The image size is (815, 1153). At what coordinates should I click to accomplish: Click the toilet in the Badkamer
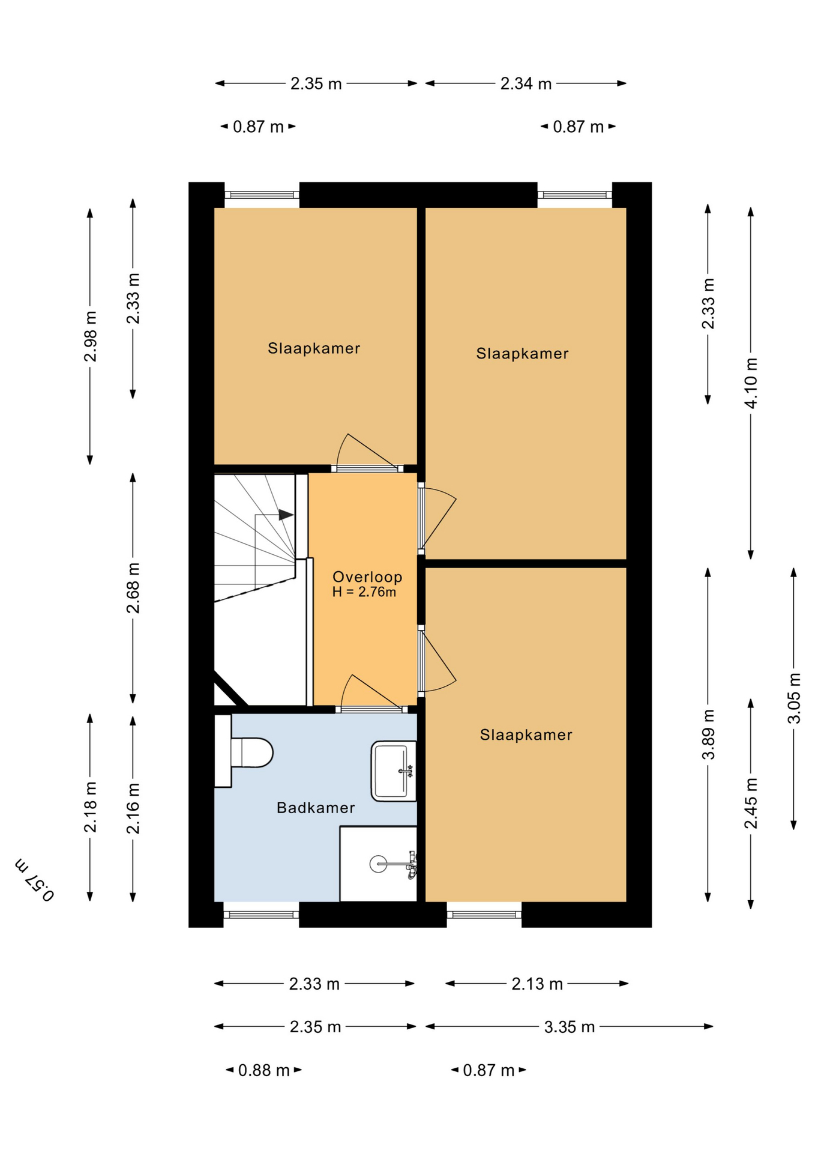tap(251, 752)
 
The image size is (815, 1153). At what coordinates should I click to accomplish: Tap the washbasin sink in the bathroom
tap(394, 771)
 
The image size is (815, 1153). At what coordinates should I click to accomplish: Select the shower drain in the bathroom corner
tap(378, 864)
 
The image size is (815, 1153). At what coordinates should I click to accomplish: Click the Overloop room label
tap(367, 576)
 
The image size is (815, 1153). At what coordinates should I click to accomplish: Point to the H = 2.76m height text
tap(364, 592)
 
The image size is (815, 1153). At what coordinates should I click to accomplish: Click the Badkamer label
tap(316, 808)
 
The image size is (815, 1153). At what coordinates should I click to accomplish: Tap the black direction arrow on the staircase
tap(286, 515)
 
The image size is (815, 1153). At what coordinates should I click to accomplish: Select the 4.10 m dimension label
tap(751, 383)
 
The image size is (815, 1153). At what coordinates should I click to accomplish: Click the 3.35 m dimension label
tap(569, 1027)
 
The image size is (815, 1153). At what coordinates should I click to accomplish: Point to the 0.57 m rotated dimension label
tap(35, 880)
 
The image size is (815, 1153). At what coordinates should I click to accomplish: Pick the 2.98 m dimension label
tap(90, 336)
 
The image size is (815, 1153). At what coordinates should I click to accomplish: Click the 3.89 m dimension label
tap(708, 734)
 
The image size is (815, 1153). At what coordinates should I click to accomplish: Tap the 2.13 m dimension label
tap(537, 984)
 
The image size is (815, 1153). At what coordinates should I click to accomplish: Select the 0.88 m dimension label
tap(263, 1070)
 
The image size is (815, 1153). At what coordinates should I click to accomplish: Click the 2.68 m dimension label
tap(133, 587)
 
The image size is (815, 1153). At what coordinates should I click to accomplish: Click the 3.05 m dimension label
tap(794, 698)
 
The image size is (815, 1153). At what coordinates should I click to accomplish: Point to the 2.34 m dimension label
tap(526, 83)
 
